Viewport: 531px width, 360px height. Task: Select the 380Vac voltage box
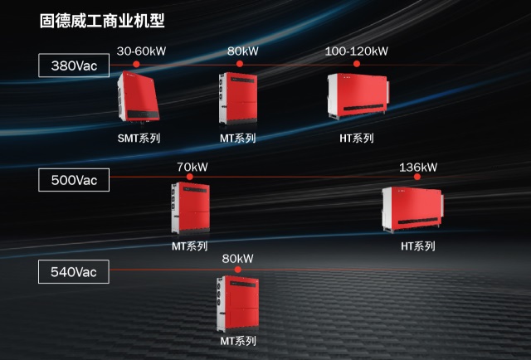pyautogui.click(x=73, y=66)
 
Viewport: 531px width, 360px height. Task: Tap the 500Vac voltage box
pyautogui.click(x=74, y=178)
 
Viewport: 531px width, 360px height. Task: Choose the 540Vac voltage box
pyautogui.click(x=74, y=271)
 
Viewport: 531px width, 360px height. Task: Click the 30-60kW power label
pyautogui.click(x=141, y=51)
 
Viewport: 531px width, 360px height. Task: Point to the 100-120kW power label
pyautogui.click(x=357, y=51)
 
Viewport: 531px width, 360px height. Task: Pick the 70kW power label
pyautogui.click(x=192, y=166)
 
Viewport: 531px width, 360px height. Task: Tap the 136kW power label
pyautogui.click(x=418, y=167)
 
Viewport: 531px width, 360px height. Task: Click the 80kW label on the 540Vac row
pyautogui.click(x=237, y=259)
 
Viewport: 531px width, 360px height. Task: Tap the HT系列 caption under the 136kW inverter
pyautogui.click(x=417, y=246)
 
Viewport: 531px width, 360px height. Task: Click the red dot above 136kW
pyautogui.click(x=418, y=177)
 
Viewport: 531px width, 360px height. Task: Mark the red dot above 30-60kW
pyautogui.click(x=141, y=64)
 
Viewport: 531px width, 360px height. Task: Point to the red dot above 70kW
pyautogui.click(x=192, y=177)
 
